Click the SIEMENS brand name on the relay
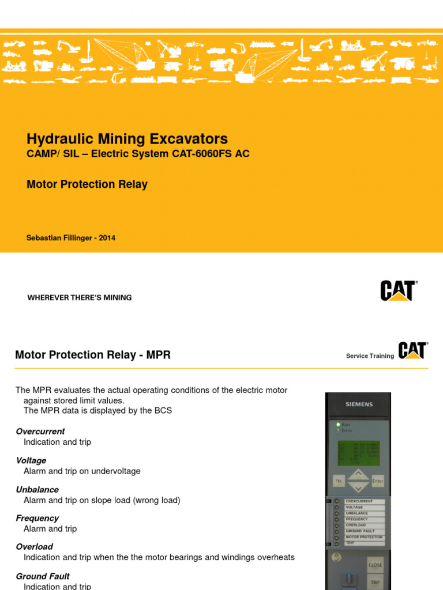359,404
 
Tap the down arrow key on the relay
358,487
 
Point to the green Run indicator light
339,425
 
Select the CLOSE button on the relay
375,565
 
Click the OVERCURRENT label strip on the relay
363,501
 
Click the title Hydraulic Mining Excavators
127,139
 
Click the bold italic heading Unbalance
37,490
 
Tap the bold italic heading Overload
34,547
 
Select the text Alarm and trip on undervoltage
82,471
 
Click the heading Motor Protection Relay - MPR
93,355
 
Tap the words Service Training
370,356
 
